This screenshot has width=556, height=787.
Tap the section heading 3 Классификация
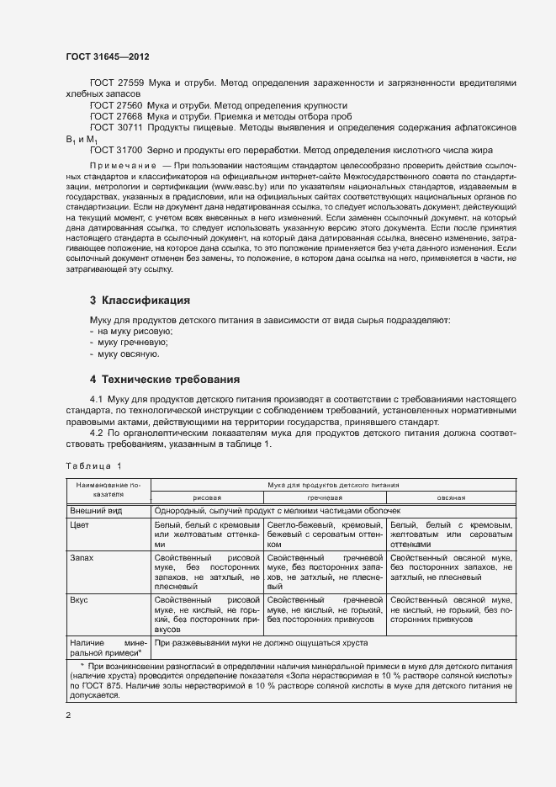coord(140,300)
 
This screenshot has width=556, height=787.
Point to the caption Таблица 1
coord(93,465)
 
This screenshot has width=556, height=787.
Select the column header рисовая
coord(208,498)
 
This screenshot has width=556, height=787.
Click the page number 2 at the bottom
coord(68,715)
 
